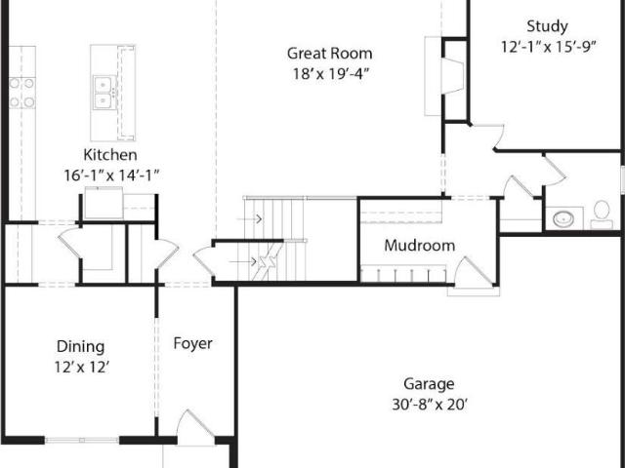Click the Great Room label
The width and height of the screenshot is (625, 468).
(x=330, y=54)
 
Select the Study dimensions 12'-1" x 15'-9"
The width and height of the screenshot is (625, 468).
(x=548, y=47)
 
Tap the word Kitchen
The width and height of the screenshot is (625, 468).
(x=110, y=154)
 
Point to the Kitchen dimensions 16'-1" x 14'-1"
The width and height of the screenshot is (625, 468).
(x=111, y=175)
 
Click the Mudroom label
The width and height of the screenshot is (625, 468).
(x=420, y=245)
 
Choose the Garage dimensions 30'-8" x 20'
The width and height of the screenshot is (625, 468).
(x=430, y=405)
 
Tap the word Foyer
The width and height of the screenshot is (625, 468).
(x=193, y=343)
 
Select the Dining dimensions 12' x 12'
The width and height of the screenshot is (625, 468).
(x=82, y=367)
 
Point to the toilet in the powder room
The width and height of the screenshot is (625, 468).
(x=602, y=214)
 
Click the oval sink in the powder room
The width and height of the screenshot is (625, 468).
(x=563, y=218)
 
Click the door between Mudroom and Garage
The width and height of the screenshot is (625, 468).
(x=475, y=275)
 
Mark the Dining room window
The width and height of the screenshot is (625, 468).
(x=82, y=440)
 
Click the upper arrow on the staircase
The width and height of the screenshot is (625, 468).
(x=250, y=218)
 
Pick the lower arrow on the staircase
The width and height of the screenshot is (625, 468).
(x=243, y=261)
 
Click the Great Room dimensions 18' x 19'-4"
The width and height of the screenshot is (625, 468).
(x=330, y=74)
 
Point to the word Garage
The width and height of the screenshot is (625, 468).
(x=429, y=384)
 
